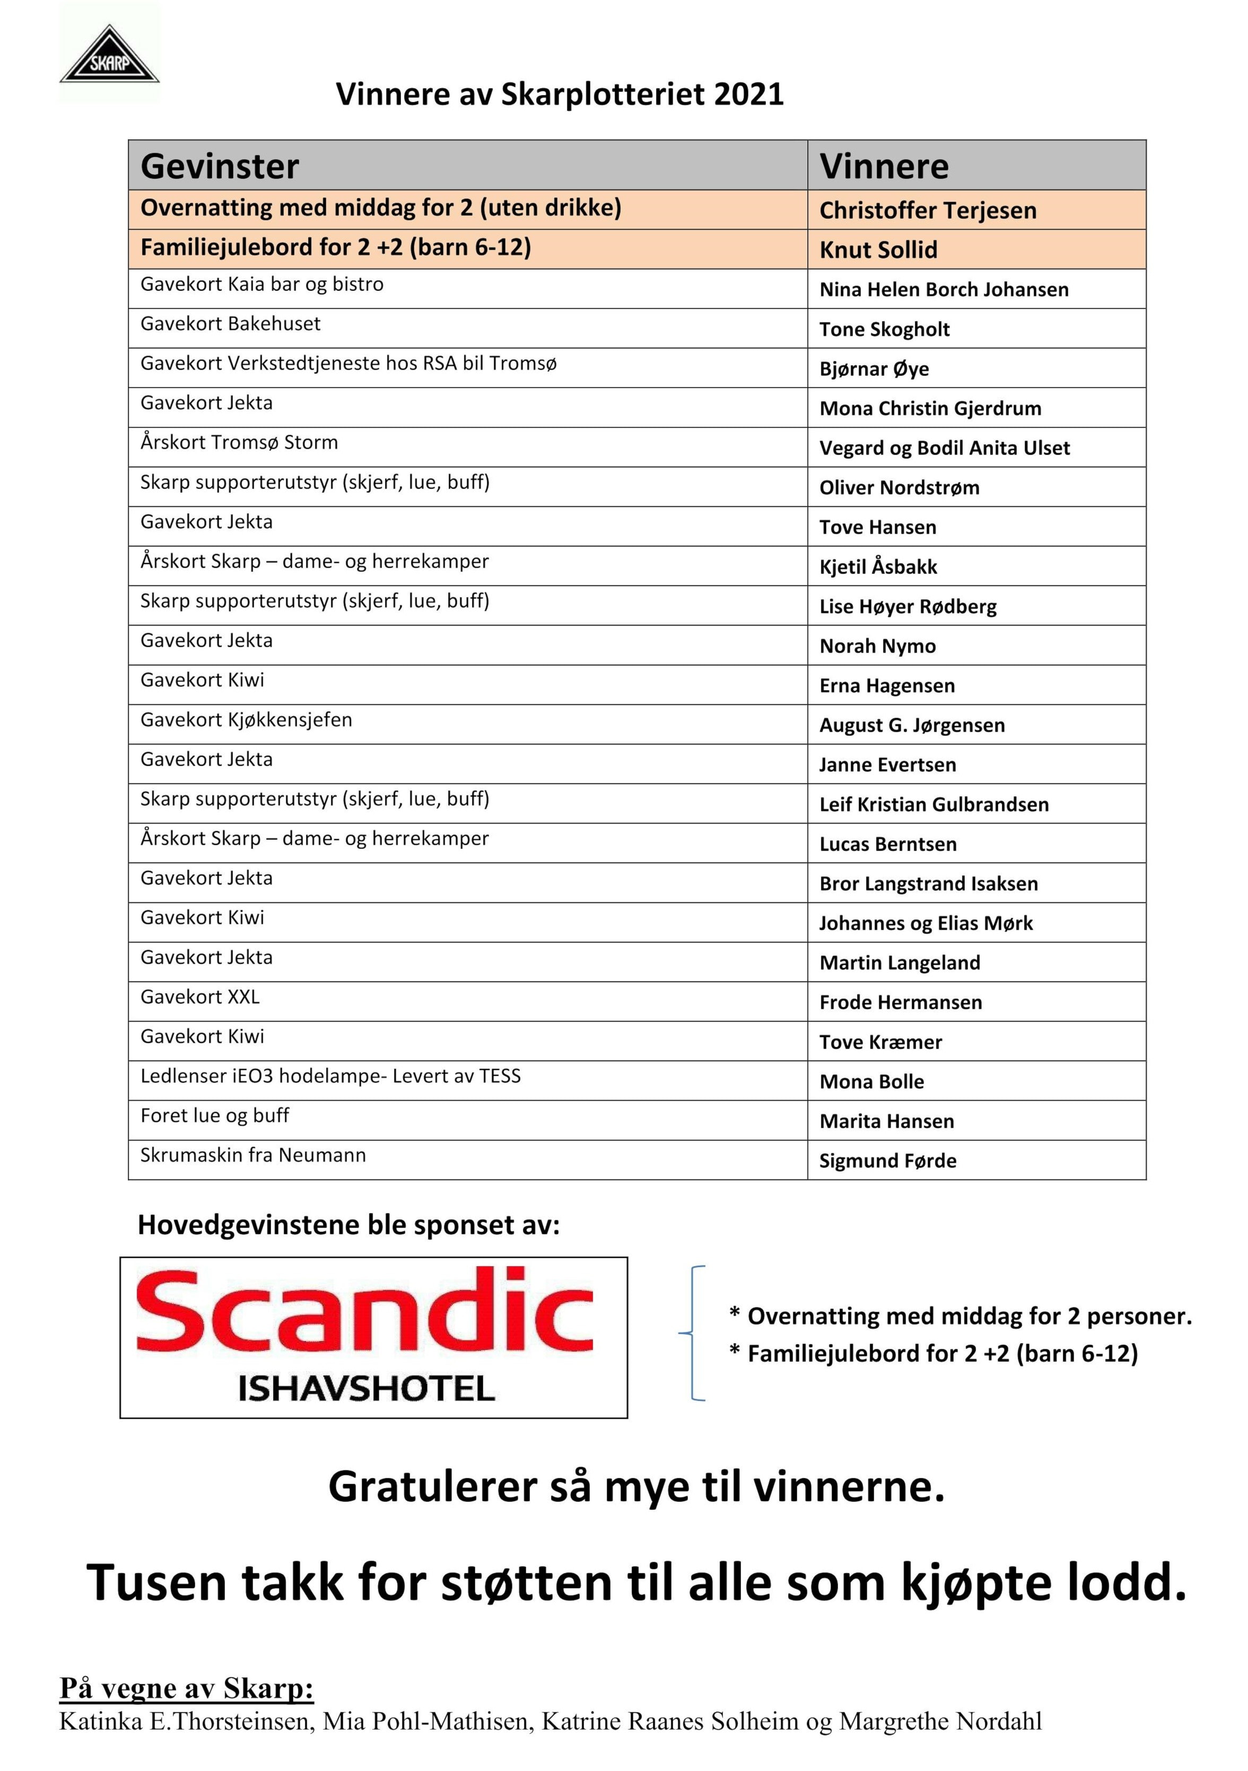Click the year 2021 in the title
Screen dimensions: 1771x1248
748,94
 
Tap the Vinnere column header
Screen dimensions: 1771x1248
884,166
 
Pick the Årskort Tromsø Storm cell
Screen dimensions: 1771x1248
239,443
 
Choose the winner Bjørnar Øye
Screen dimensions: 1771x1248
874,369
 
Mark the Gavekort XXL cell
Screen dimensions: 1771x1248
199,996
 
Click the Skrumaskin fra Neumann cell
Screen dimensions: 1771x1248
253,1155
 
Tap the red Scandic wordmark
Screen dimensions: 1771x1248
364,1311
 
